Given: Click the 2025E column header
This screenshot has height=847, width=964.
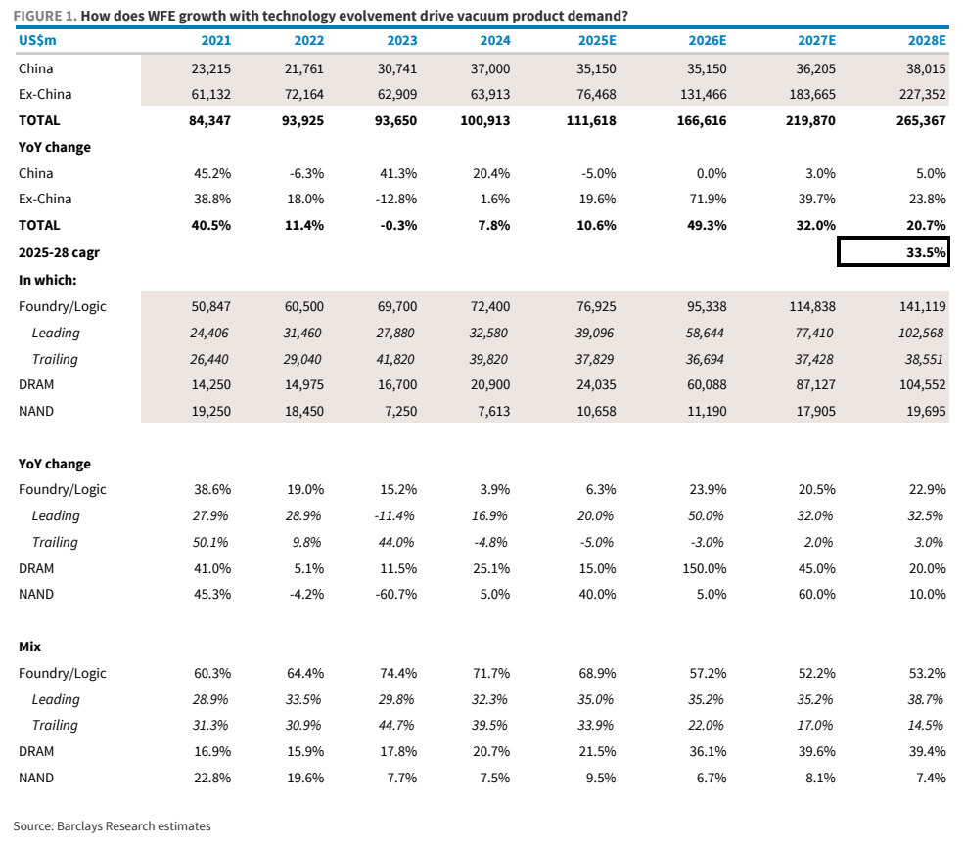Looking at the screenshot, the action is [596, 40].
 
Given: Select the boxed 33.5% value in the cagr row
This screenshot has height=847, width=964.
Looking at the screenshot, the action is [926, 252].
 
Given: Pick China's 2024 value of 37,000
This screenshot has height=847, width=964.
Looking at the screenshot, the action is [490, 68].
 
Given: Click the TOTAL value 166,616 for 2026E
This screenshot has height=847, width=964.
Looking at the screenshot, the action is [702, 121].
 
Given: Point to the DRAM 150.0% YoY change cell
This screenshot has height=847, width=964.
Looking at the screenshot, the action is [705, 569].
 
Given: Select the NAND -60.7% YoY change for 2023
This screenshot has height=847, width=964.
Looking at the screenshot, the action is [396, 595].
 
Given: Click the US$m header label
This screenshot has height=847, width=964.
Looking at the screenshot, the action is [37, 40].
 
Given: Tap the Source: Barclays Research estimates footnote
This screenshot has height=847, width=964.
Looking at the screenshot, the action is [112, 826].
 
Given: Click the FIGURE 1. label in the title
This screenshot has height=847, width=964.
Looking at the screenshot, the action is [45, 16].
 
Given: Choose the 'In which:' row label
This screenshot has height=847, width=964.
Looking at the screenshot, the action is [47, 280].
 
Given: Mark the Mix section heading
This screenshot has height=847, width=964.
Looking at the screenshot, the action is [29, 646].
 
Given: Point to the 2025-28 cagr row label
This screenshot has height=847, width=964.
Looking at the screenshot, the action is [59, 253].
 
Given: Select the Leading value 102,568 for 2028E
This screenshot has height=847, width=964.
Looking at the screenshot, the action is [920, 333].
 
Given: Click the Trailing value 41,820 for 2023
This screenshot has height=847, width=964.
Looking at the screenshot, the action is [394, 359].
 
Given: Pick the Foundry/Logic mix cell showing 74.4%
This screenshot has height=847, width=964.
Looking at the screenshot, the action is [398, 673].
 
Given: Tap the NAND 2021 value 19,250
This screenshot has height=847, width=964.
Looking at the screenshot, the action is [210, 412].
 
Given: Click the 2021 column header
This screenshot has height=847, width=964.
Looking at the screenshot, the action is [216, 40].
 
